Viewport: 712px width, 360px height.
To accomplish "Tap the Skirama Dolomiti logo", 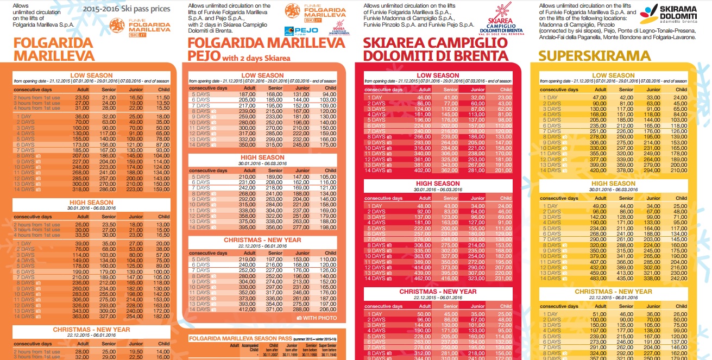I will coord(674,19).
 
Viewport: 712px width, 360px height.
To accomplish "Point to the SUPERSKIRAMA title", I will coord(594,56).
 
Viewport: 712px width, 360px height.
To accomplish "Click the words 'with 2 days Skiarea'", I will coord(253,58).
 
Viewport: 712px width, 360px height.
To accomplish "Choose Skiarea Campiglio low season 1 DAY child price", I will coord(505,97).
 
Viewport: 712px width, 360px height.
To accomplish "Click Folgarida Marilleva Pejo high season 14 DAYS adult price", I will coord(247,228).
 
